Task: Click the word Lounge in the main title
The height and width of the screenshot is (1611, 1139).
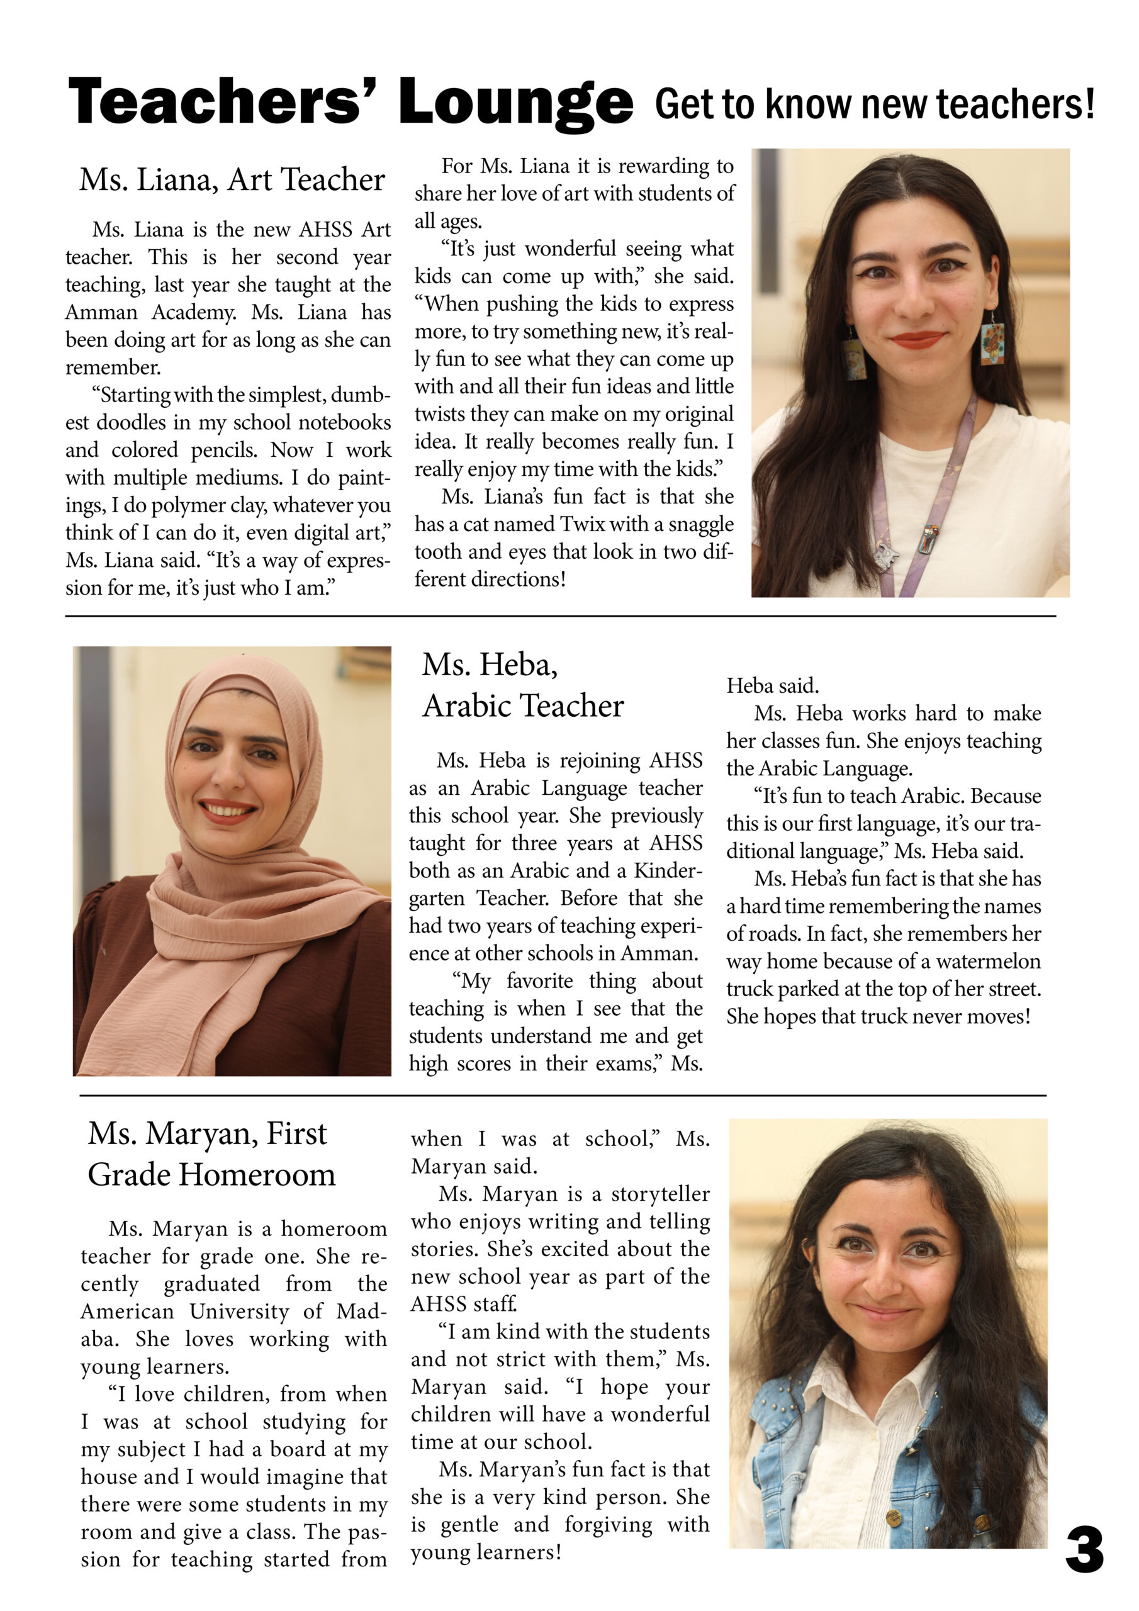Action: pos(515,103)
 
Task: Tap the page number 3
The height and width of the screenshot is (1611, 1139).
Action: pos(1084,1550)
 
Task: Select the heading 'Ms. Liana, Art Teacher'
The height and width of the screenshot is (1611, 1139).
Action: pos(232,179)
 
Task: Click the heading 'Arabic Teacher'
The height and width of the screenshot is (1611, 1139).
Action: pos(523,706)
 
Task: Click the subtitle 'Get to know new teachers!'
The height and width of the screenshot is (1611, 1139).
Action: pos(875,104)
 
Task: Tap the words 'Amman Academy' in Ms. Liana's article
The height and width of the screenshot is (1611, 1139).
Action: pos(150,312)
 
